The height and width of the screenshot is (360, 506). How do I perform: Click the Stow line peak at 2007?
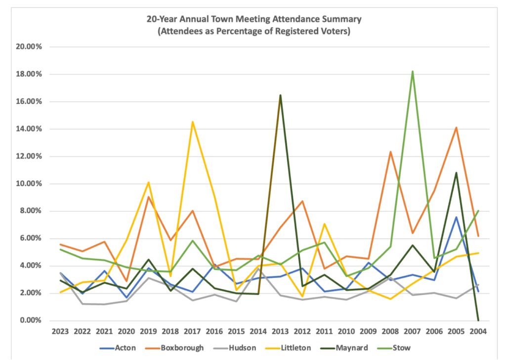tap(412, 72)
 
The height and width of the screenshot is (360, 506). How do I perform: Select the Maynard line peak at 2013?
tap(267, 95)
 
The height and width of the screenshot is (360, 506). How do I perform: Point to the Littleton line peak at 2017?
tap(192, 122)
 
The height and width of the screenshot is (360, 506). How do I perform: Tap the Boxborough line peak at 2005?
tap(456, 128)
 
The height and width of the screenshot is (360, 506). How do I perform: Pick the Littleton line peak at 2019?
tap(148, 182)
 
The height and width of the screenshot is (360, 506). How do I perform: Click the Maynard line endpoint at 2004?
tap(478, 320)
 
